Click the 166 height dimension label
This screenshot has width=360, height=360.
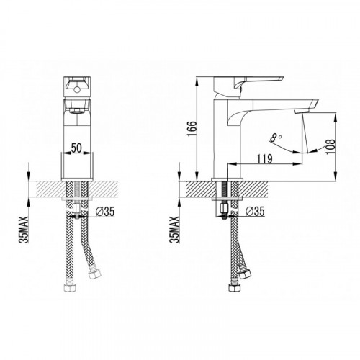tap(192, 129)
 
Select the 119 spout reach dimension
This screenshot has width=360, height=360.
tap(265, 158)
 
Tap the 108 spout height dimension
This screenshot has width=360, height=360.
tap(330, 147)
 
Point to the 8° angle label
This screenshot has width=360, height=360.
tap(276, 138)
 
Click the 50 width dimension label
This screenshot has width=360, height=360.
tap(76, 148)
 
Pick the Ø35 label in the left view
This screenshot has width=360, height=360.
tap(105, 212)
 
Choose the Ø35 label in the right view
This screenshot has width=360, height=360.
tap(255, 212)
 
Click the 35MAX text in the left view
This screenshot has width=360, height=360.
tap(24, 230)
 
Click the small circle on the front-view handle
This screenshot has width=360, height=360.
tap(77, 90)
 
